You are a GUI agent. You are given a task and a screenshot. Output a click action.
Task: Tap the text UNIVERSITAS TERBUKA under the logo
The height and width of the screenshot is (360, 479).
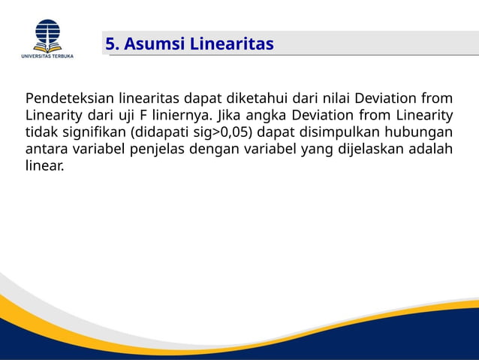[47, 56]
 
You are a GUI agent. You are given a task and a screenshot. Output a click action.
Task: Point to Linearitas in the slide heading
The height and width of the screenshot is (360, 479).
[231, 44]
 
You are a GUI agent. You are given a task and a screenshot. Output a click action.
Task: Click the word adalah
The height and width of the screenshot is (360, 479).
[433, 148]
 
